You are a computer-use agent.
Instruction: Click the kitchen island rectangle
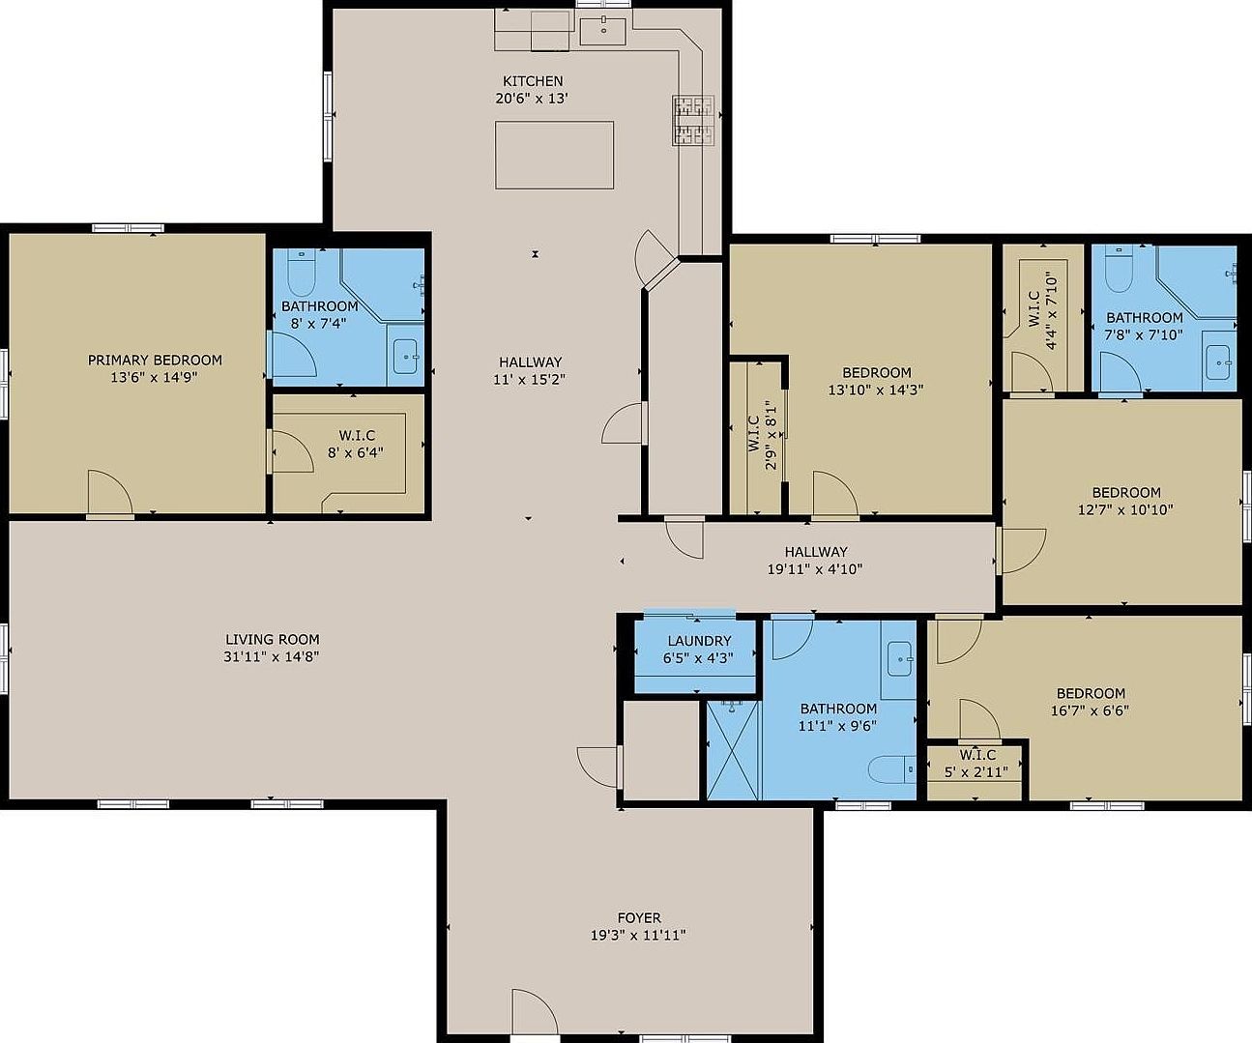pyautogui.click(x=554, y=155)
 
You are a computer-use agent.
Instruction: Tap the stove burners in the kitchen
pyautogui.click(x=694, y=121)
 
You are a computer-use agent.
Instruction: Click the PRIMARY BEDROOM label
pyautogui.click(x=155, y=361)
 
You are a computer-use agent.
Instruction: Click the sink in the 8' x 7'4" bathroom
pyautogui.click(x=405, y=357)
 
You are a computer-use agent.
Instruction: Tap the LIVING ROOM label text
pyautogui.click(x=272, y=639)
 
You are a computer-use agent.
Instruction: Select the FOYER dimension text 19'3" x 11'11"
pyautogui.click(x=638, y=935)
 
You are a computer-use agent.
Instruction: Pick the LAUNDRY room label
pyautogui.click(x=699, y=641)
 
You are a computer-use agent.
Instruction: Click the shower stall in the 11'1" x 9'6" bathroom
pyautogui.click(x=733, y=750)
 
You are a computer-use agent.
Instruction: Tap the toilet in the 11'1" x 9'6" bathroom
pyautogui.click(x=890, y=769)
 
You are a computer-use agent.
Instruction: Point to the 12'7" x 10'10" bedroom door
pyautogui.click(x=1023, y=551)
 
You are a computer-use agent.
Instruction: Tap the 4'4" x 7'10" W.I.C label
pyautogui.click(x=1042, y=309)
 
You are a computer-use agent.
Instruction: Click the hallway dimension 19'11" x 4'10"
pyautogui.click(x=814, y=569)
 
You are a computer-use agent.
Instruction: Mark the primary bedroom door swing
pyautogui.click(x=108, y=494)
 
